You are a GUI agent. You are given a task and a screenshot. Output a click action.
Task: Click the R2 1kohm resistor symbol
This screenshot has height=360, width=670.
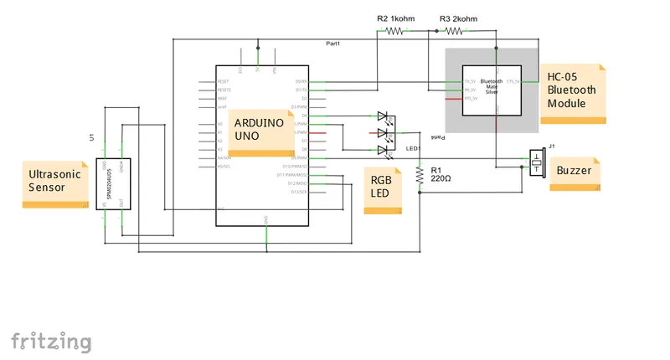[x=394, y=31]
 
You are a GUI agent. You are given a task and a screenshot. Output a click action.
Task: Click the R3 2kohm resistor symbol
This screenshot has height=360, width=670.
[x=453, y=31]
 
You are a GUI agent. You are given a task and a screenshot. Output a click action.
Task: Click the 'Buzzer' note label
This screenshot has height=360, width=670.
[x=575, y=171]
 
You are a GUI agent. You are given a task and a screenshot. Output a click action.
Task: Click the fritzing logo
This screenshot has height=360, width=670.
[x=51, y=341]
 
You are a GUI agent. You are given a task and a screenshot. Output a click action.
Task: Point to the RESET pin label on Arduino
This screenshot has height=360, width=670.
[x=223, y=82]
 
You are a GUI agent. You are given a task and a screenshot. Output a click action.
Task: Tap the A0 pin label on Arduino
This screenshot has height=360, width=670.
[x=220, y=124]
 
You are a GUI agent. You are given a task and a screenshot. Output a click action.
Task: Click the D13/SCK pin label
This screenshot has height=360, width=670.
[x=299, y=192]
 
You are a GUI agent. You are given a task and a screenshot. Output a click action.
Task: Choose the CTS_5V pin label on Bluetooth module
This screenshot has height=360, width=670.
[x=513, y=81]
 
